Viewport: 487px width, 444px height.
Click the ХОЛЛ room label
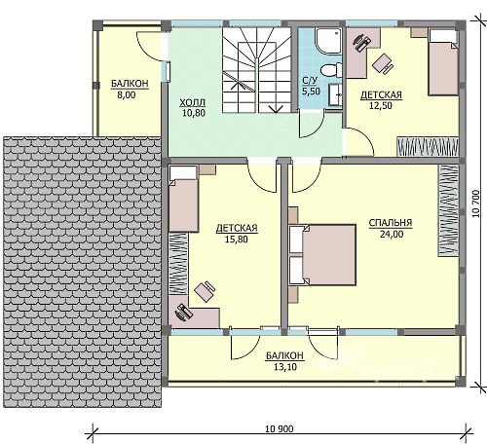click(193, 103)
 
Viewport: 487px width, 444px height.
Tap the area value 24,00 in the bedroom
click(392, 234)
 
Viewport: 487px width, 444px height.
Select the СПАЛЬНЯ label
click(391, 223)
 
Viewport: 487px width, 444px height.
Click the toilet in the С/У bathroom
click(331, 70)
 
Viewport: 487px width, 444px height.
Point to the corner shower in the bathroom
click(329, 41)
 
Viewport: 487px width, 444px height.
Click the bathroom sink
click(335, 94)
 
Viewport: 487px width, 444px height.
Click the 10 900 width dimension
click(280, 429)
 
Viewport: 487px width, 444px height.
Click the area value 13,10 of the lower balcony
click(285, 367)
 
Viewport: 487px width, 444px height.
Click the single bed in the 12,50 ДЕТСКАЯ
click(443, 62)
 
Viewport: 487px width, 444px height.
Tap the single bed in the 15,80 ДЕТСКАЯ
click(183, 199)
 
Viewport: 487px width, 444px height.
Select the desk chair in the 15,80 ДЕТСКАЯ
click(205, 291)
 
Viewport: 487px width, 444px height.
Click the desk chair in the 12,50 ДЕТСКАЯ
click(383, 63)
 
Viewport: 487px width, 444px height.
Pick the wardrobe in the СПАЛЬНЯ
click(448, 210)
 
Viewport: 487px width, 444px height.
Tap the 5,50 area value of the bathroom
click(311, 92)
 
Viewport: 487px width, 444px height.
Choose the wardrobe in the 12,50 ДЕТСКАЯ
click(428, 147)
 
